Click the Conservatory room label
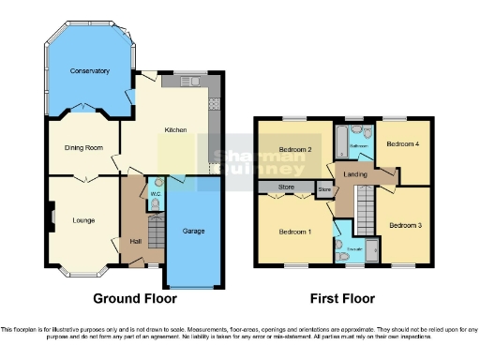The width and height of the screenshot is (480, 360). (89, 70)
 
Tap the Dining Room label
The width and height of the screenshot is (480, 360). (83, 147)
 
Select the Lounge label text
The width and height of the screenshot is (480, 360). (83, 221)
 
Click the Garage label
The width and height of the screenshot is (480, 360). (194, 231)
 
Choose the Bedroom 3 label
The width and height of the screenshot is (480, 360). (405, 225)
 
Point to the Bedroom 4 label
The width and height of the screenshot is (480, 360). (403, 143)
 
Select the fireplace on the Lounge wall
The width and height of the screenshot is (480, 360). (51, 222)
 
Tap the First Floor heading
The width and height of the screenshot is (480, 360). (342, 299)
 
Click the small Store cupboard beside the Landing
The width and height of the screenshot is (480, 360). (324, 190)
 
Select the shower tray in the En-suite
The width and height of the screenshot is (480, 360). (371, 250)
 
